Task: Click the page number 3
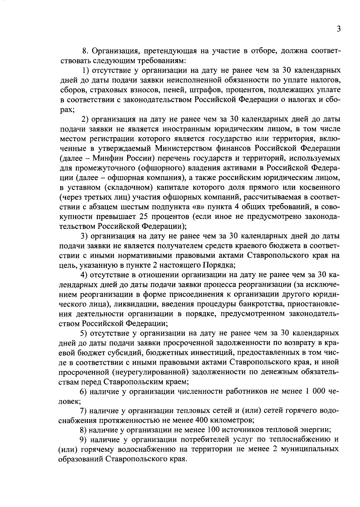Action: [338, 29]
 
